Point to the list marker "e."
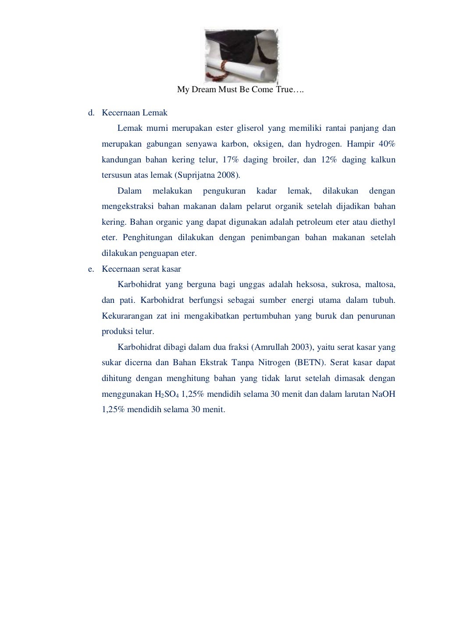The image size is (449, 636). pyautogui.click(x=91, y=269)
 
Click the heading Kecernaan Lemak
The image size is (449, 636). pyautogui.click(x=135, y=113)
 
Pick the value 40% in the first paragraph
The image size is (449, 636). pyautogui.click(x=387, y=144)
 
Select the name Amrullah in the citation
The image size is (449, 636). pyautogui.click(x=271, y=347)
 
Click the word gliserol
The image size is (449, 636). pyautogui.click(x=252, y=129)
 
